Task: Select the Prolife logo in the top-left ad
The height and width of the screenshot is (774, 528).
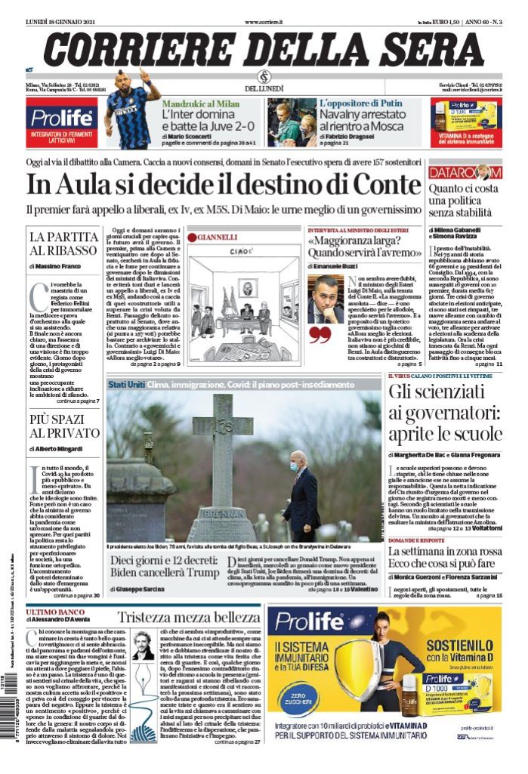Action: point(61,118)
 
